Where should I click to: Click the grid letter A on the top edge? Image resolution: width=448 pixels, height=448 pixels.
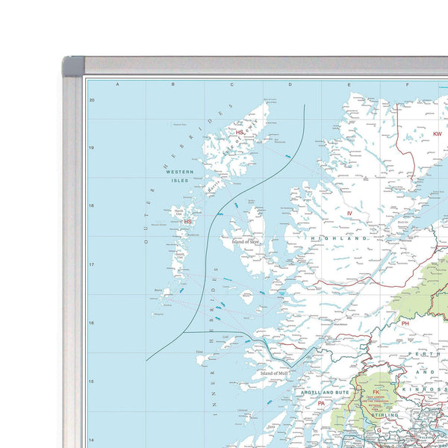pyautogui.click(x=117, y=84)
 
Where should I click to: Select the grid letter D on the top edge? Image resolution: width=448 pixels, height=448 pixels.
pyautogui.click(x=290, y=84)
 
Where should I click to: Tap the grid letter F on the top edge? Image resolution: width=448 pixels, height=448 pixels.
pyautogui.click(x=408, y=84)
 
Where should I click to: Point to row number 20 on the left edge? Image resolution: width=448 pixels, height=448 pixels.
pyautogui.click(x=91, y=99)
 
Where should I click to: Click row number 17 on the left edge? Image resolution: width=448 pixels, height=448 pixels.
pyautogui.click(x=91, y=264)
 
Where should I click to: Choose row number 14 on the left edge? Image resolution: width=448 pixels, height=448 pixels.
pyautogui.click(x=91, y=440)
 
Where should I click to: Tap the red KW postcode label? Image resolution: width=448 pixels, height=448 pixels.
pyautogui.click(x=437, y=134)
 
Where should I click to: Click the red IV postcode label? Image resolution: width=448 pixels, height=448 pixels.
pyautogui.click(x=348, y=214)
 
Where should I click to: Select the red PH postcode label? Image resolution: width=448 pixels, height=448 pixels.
pyautogui.click(x=405, y=323)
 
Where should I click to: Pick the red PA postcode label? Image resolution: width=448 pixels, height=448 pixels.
pyautogui.click(x=321, y=403)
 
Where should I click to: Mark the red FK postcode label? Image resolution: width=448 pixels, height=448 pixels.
pyautogui.click(x=376, y=391)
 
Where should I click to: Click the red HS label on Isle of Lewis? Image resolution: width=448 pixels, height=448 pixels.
pyautogui.click(x=239, y=133)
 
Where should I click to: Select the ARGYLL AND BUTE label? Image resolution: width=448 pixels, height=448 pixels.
pyautogui.click(x=325, y=391)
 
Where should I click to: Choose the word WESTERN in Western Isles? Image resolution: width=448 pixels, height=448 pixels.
pyautogui.click(x=179, y=172)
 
